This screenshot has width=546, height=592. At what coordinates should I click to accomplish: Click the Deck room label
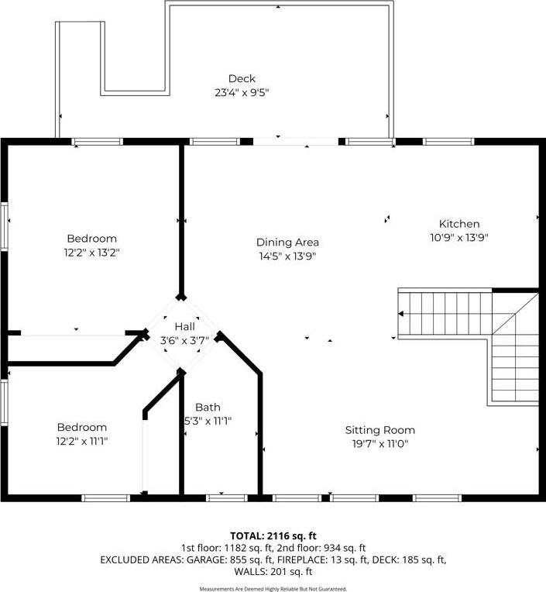coord(242,78)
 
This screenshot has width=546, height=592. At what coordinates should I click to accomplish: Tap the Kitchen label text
coord(459,224)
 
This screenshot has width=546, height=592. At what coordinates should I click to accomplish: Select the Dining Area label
coord(287,243)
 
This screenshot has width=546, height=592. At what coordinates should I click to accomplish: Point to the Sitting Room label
coord(380,430)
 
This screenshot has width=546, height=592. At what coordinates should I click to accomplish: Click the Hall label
coord(185,326)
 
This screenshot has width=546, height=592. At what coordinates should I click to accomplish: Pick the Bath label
coord(208,407)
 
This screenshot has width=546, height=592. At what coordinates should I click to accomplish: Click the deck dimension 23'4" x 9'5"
coord(242,92)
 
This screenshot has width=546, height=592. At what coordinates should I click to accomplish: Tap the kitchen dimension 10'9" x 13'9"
coord(459,238)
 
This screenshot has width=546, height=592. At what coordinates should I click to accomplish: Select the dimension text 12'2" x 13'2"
coord(91,253)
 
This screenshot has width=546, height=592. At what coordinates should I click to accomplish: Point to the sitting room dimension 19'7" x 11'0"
coord(380,444)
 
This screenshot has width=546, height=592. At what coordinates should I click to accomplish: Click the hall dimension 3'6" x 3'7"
coord(184,340)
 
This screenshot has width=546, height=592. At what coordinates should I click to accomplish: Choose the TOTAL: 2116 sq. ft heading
coord(273,535)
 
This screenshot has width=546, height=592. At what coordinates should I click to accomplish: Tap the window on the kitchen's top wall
coord(448,142)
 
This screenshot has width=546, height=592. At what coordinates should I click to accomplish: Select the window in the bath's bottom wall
coord(227,498)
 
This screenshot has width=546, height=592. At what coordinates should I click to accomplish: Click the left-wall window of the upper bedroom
coord(4,226)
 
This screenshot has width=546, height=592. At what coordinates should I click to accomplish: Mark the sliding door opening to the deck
coord(296,142)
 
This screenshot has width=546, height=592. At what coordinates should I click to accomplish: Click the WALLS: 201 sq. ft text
coord(273,572)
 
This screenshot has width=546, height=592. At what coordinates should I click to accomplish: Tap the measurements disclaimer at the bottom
coord(273,589)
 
